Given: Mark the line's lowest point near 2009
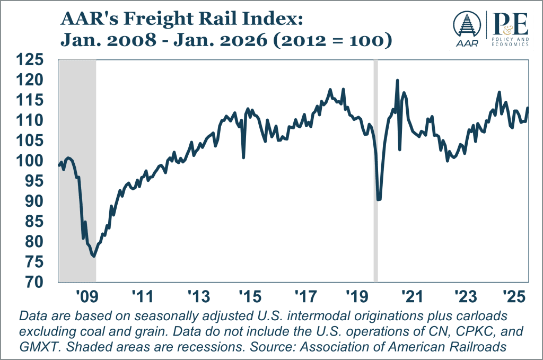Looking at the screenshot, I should click(94, 256).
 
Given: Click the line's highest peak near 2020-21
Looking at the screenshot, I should click(397, 81).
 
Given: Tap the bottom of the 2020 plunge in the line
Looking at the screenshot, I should click(379, 200).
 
